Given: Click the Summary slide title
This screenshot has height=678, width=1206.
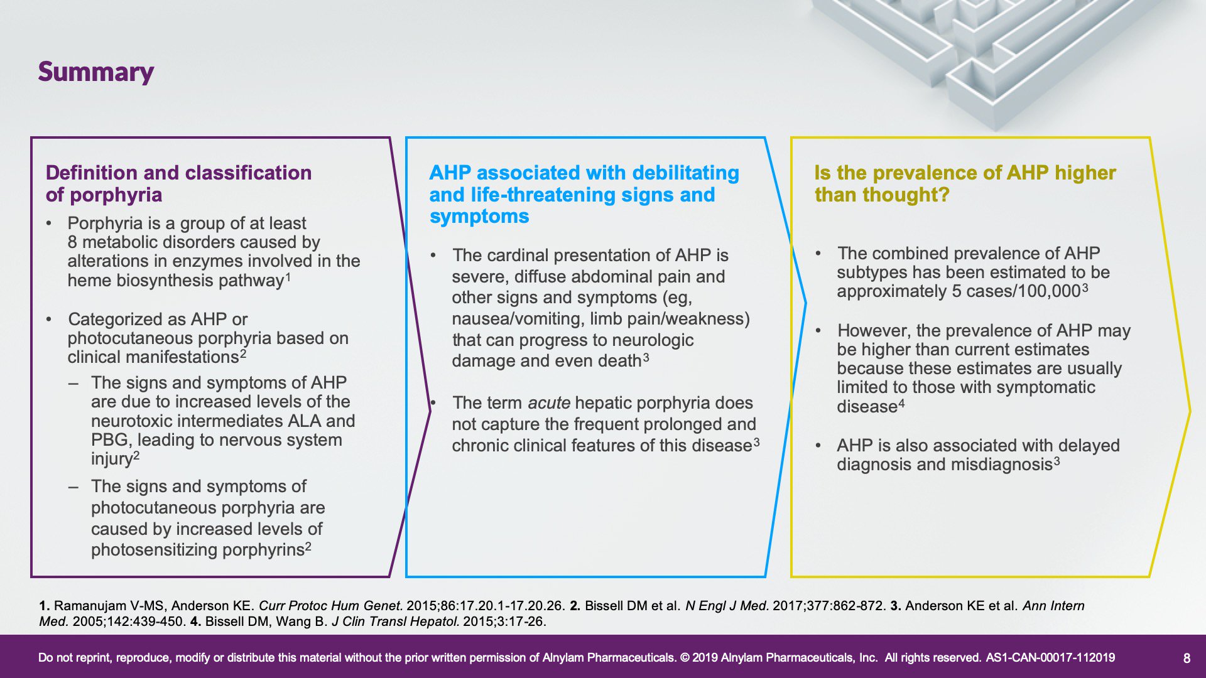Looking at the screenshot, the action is tap(96, 72).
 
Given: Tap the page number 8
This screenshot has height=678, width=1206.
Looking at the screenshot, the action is tap(1187, 658).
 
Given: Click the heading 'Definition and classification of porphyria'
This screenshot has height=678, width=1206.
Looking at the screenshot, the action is tap(178, 183).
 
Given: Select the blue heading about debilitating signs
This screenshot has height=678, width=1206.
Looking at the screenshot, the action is tap(584, 194).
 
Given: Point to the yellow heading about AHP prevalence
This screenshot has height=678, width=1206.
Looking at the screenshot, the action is tap(965, 183).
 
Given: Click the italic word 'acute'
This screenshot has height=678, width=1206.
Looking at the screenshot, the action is tap(549, 403).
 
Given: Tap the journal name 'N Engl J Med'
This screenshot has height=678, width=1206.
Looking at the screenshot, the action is tap(725, 606).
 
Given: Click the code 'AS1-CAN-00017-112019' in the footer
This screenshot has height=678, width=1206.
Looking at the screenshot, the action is tap(1050, 658).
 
